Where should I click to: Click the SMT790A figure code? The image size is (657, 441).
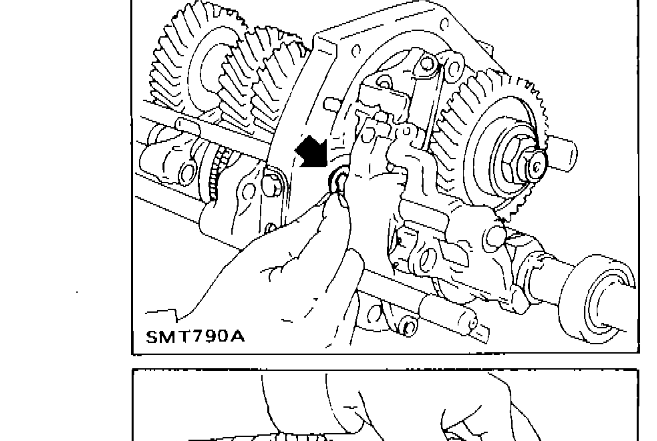tap(195, 337)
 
